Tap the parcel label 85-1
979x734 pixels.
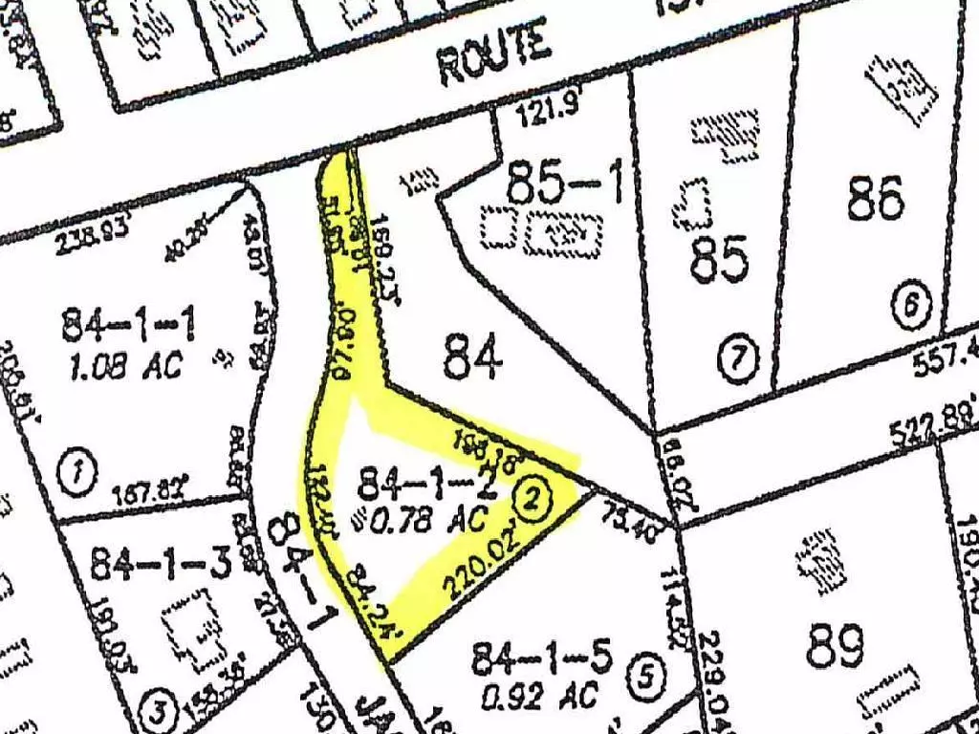567,183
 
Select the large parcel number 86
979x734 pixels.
875,200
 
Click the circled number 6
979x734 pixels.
909,308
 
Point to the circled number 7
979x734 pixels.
737,359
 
